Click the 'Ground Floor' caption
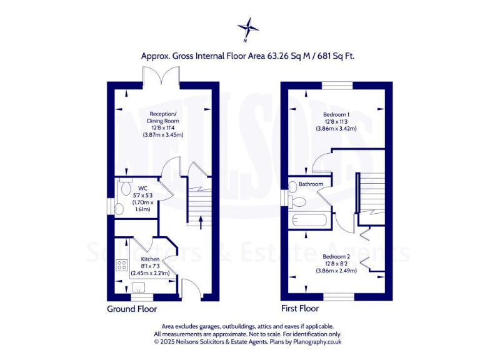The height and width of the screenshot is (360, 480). point(132,309)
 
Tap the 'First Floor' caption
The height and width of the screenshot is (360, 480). point(300,309)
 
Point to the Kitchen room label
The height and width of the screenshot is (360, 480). point(150,259)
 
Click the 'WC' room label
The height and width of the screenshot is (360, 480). point(142,188)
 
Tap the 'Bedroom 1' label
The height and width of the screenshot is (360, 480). point(336,115)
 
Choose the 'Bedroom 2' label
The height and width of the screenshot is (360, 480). point(336,256)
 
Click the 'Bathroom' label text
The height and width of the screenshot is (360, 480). point(311,184)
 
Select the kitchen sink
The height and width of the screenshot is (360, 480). point(138,286)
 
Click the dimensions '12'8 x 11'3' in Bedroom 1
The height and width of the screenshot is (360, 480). point(336,122)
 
